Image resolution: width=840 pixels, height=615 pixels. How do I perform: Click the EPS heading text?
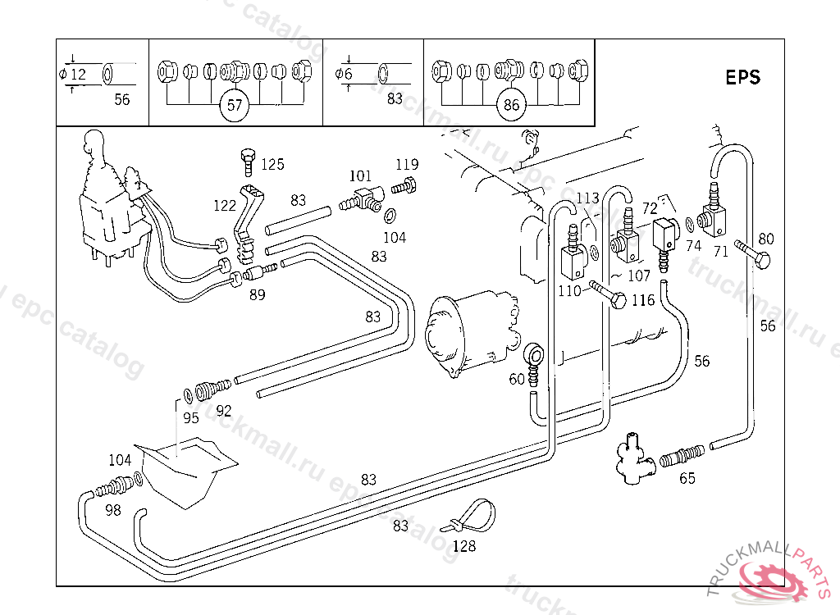742,78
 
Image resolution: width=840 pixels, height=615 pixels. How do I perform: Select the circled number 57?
235,105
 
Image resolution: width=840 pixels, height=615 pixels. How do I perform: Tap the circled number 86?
512,105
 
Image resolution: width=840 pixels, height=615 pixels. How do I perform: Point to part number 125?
272,165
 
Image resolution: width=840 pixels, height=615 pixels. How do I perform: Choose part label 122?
225,206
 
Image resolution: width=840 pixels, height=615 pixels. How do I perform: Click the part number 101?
360,176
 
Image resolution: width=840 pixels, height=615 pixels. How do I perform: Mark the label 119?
407,166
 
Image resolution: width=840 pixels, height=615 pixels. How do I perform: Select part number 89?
258,294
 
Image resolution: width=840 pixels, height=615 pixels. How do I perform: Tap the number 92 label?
223,409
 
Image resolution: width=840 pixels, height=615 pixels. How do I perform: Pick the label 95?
190,417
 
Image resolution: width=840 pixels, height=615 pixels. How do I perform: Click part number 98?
112,510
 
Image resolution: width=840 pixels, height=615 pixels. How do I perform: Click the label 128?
464,545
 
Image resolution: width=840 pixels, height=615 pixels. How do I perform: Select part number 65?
687,478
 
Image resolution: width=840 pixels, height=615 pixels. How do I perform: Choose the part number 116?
643,300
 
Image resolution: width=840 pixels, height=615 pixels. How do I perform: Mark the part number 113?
587,198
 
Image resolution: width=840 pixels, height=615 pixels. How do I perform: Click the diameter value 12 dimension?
78,75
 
